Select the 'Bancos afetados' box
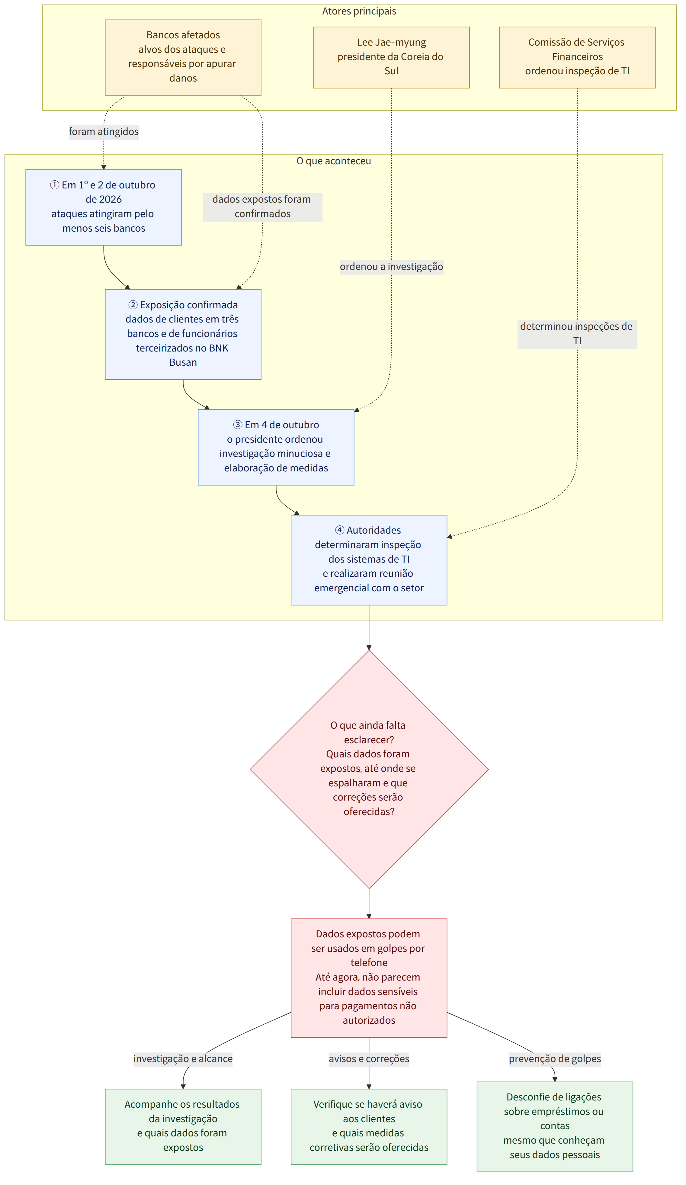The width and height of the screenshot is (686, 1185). pos(183,57)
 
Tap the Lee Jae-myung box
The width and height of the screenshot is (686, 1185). pos(391,57)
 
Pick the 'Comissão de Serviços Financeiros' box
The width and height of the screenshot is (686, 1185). pos(577,57)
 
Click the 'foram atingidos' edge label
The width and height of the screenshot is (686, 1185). pos(104,132)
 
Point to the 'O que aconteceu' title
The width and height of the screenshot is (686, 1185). pos(333,161)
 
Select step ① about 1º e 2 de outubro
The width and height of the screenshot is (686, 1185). pos(104,207)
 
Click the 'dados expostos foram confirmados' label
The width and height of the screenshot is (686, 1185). pos(262,207)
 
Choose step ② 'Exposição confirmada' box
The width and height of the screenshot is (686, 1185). pos(183,334)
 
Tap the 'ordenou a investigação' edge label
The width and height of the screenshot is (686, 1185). pos(391,267)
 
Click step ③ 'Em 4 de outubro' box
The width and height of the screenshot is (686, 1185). pos(276,447)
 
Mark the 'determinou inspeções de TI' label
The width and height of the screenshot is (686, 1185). pos(577,334)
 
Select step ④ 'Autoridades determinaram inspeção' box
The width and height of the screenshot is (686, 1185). pos(369,560)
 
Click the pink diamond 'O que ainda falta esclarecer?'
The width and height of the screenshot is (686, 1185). pos(369,769)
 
